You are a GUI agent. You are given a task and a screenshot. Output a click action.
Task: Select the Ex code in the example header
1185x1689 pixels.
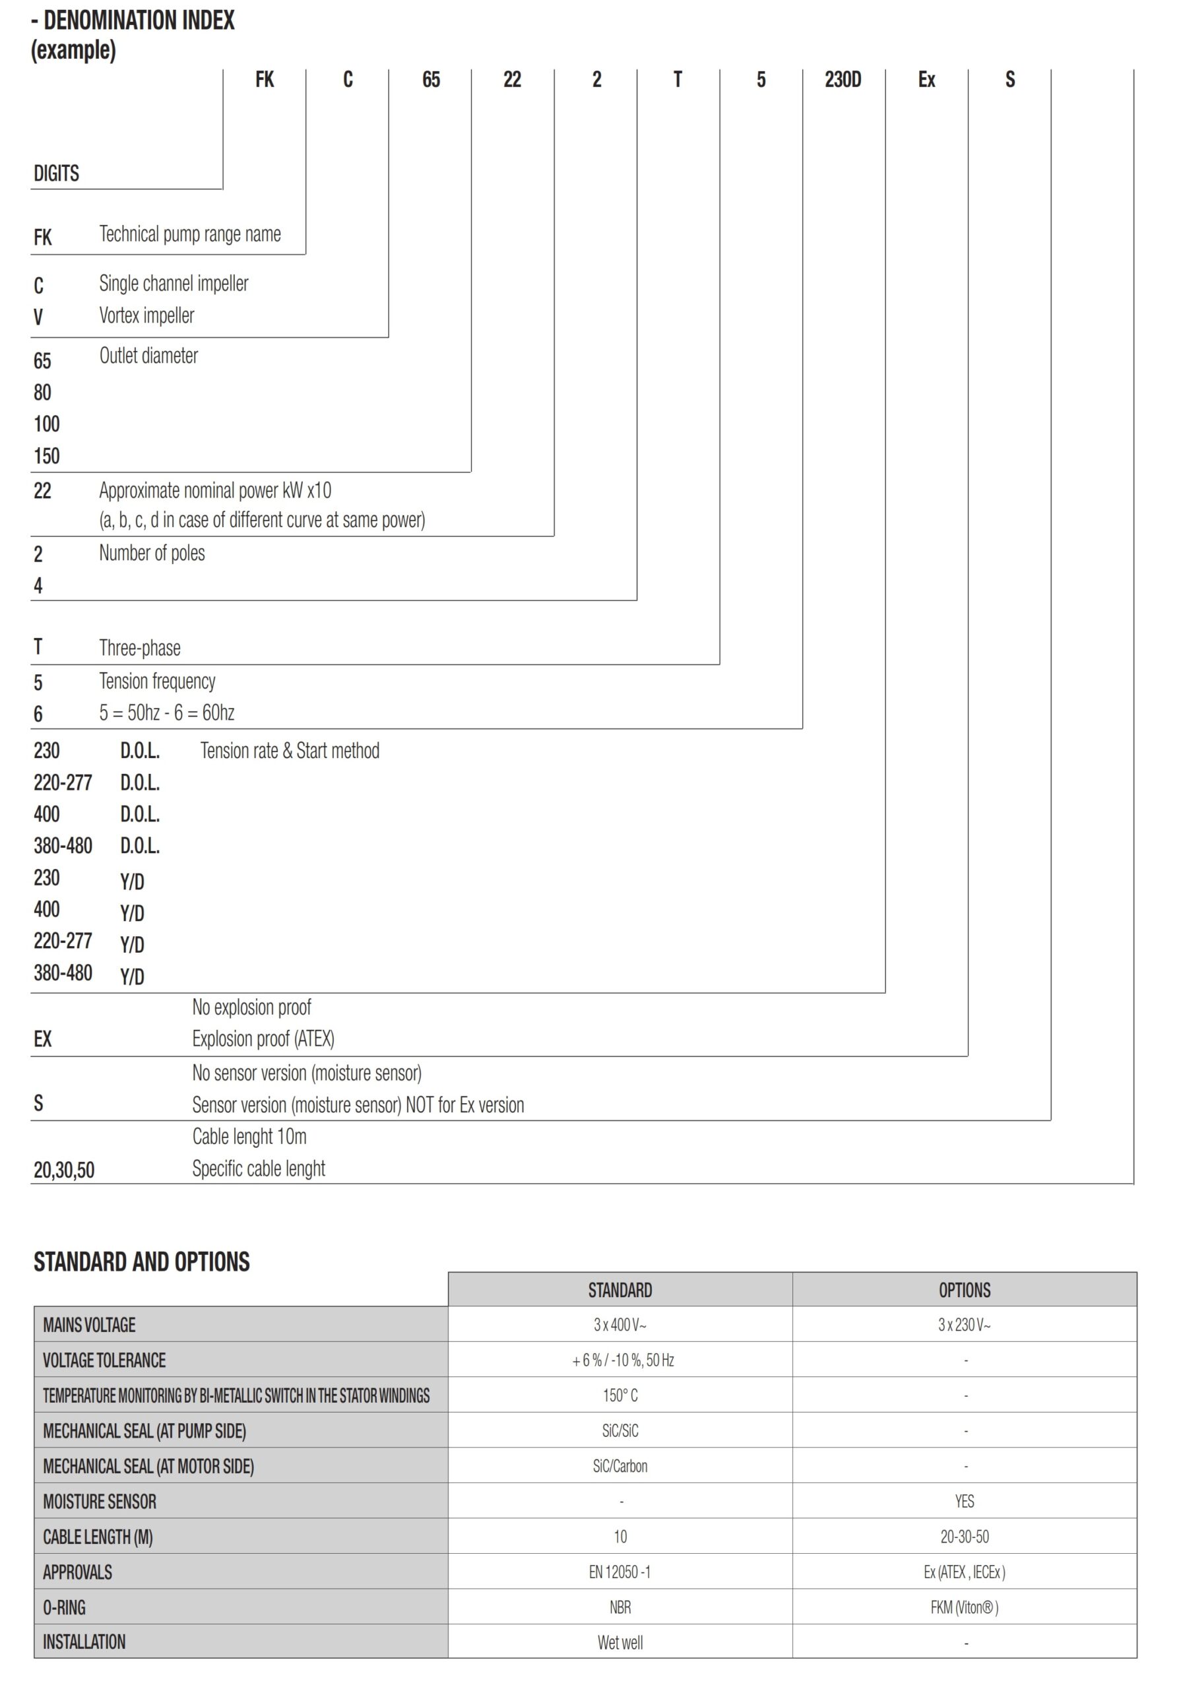926,79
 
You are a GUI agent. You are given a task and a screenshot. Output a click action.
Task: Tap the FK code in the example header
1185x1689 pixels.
264,79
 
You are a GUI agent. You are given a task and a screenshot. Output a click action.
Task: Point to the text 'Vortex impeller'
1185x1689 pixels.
146,315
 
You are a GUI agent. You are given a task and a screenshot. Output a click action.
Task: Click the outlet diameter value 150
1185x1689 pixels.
46,456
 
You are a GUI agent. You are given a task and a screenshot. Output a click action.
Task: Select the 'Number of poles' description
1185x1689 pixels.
152,553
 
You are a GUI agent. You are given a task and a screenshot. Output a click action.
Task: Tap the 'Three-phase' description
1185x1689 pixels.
140,648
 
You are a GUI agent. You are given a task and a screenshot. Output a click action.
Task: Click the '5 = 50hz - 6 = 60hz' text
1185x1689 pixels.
167,713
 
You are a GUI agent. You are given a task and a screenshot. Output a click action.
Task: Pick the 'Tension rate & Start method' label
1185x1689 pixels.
290,751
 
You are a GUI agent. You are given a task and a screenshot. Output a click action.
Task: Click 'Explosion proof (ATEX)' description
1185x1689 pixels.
263,1038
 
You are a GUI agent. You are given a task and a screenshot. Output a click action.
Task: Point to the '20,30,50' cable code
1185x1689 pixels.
64,1170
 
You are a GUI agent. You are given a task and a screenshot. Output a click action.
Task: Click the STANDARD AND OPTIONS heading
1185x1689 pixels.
141,1262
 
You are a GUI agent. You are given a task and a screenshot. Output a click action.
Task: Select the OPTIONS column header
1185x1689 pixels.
965,1291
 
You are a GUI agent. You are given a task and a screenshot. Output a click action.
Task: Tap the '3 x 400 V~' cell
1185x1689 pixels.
620,1325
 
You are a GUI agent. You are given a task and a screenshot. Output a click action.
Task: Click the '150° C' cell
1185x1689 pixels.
620,1395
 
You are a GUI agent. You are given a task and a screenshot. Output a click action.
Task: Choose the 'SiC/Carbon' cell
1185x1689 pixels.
620,1466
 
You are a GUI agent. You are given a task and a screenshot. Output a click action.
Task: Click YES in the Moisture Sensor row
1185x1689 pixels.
965,1502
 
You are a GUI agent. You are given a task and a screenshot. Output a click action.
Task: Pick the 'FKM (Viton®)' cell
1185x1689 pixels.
965,1607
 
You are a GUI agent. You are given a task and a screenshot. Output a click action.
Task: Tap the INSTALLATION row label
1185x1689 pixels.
84,1642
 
